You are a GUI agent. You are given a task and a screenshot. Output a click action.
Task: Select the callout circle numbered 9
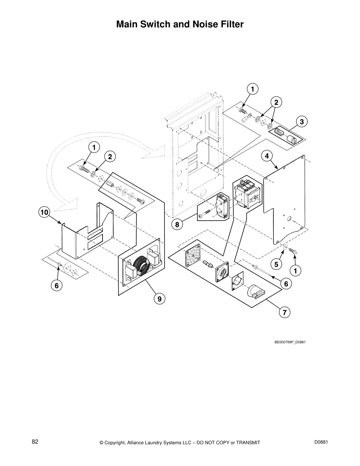(159, 299)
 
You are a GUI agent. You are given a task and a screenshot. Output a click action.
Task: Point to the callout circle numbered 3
(302, 122)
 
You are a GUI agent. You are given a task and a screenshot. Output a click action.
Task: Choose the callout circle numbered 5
(276, 264)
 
